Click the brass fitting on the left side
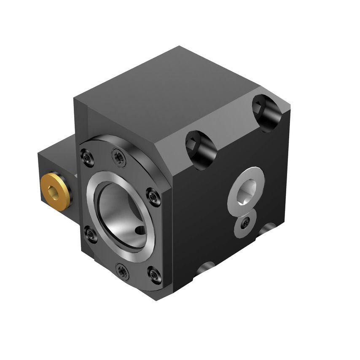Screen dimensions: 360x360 [54, 192]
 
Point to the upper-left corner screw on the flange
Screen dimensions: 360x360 [87, 158]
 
